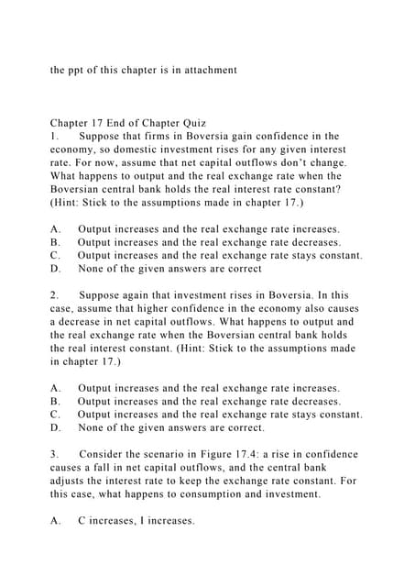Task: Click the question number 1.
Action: point(54,136)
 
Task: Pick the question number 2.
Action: point(54,295)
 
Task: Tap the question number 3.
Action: point(54,454)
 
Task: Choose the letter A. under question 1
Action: point(56,228)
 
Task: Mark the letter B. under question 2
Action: point(56,401)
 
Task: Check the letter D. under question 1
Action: point(56,269)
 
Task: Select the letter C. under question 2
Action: point(56,414)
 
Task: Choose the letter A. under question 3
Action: point(56,521)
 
